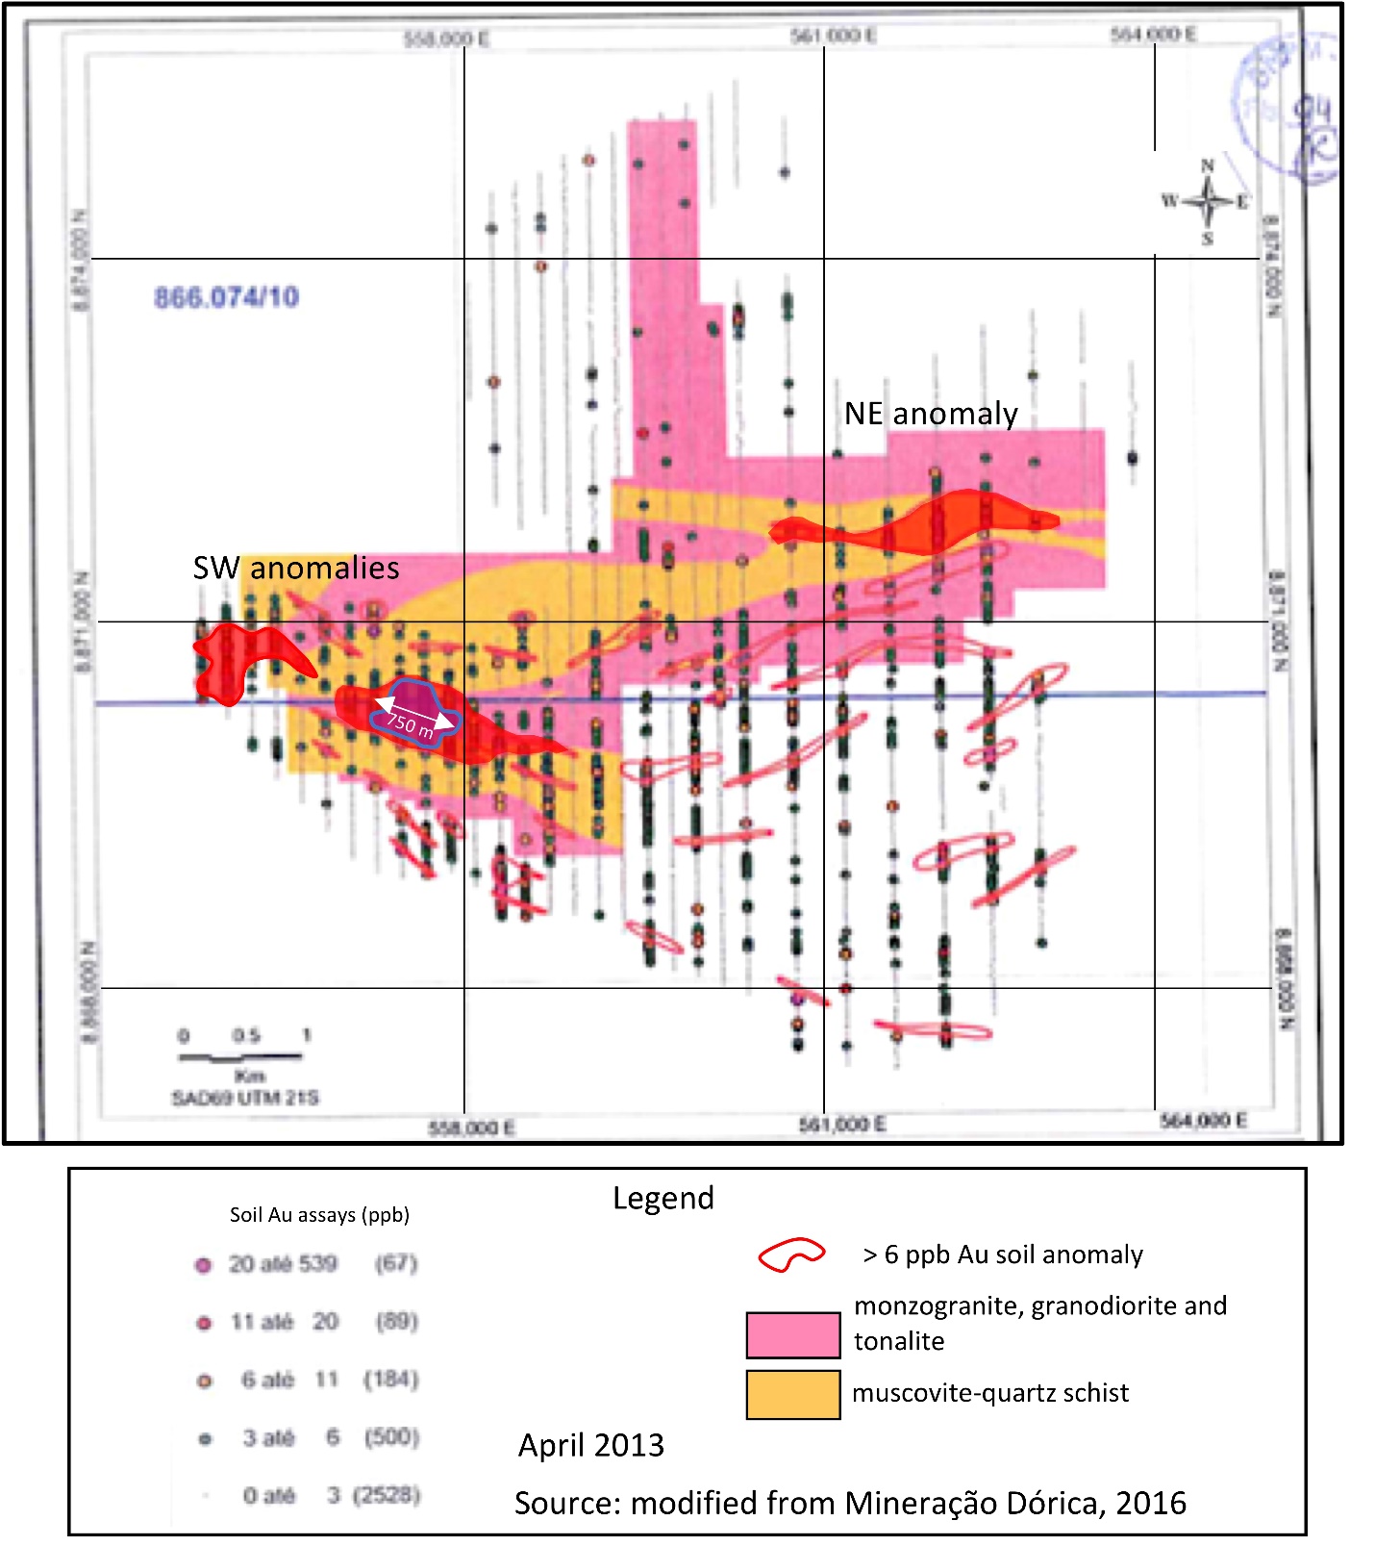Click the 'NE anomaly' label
[930, 414]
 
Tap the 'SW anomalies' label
[296, 568]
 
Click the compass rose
[1207, 202]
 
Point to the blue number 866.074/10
[227, 297]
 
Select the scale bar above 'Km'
[240, 1057]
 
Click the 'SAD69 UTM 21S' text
[245, 1098]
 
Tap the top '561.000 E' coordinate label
[833, 36]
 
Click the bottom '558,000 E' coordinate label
[471, 1128]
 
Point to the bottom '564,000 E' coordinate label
[1202, 1120]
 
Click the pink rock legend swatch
[793, 1334]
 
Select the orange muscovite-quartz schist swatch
[793, 1394]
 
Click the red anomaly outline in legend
[790, 1255]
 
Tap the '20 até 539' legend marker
[203, 1265]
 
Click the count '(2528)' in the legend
[387, 1495]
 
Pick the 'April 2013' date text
[590, 1445]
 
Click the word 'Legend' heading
[663, 1198]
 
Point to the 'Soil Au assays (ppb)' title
[319, 1214]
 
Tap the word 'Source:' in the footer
[567, 1503]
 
